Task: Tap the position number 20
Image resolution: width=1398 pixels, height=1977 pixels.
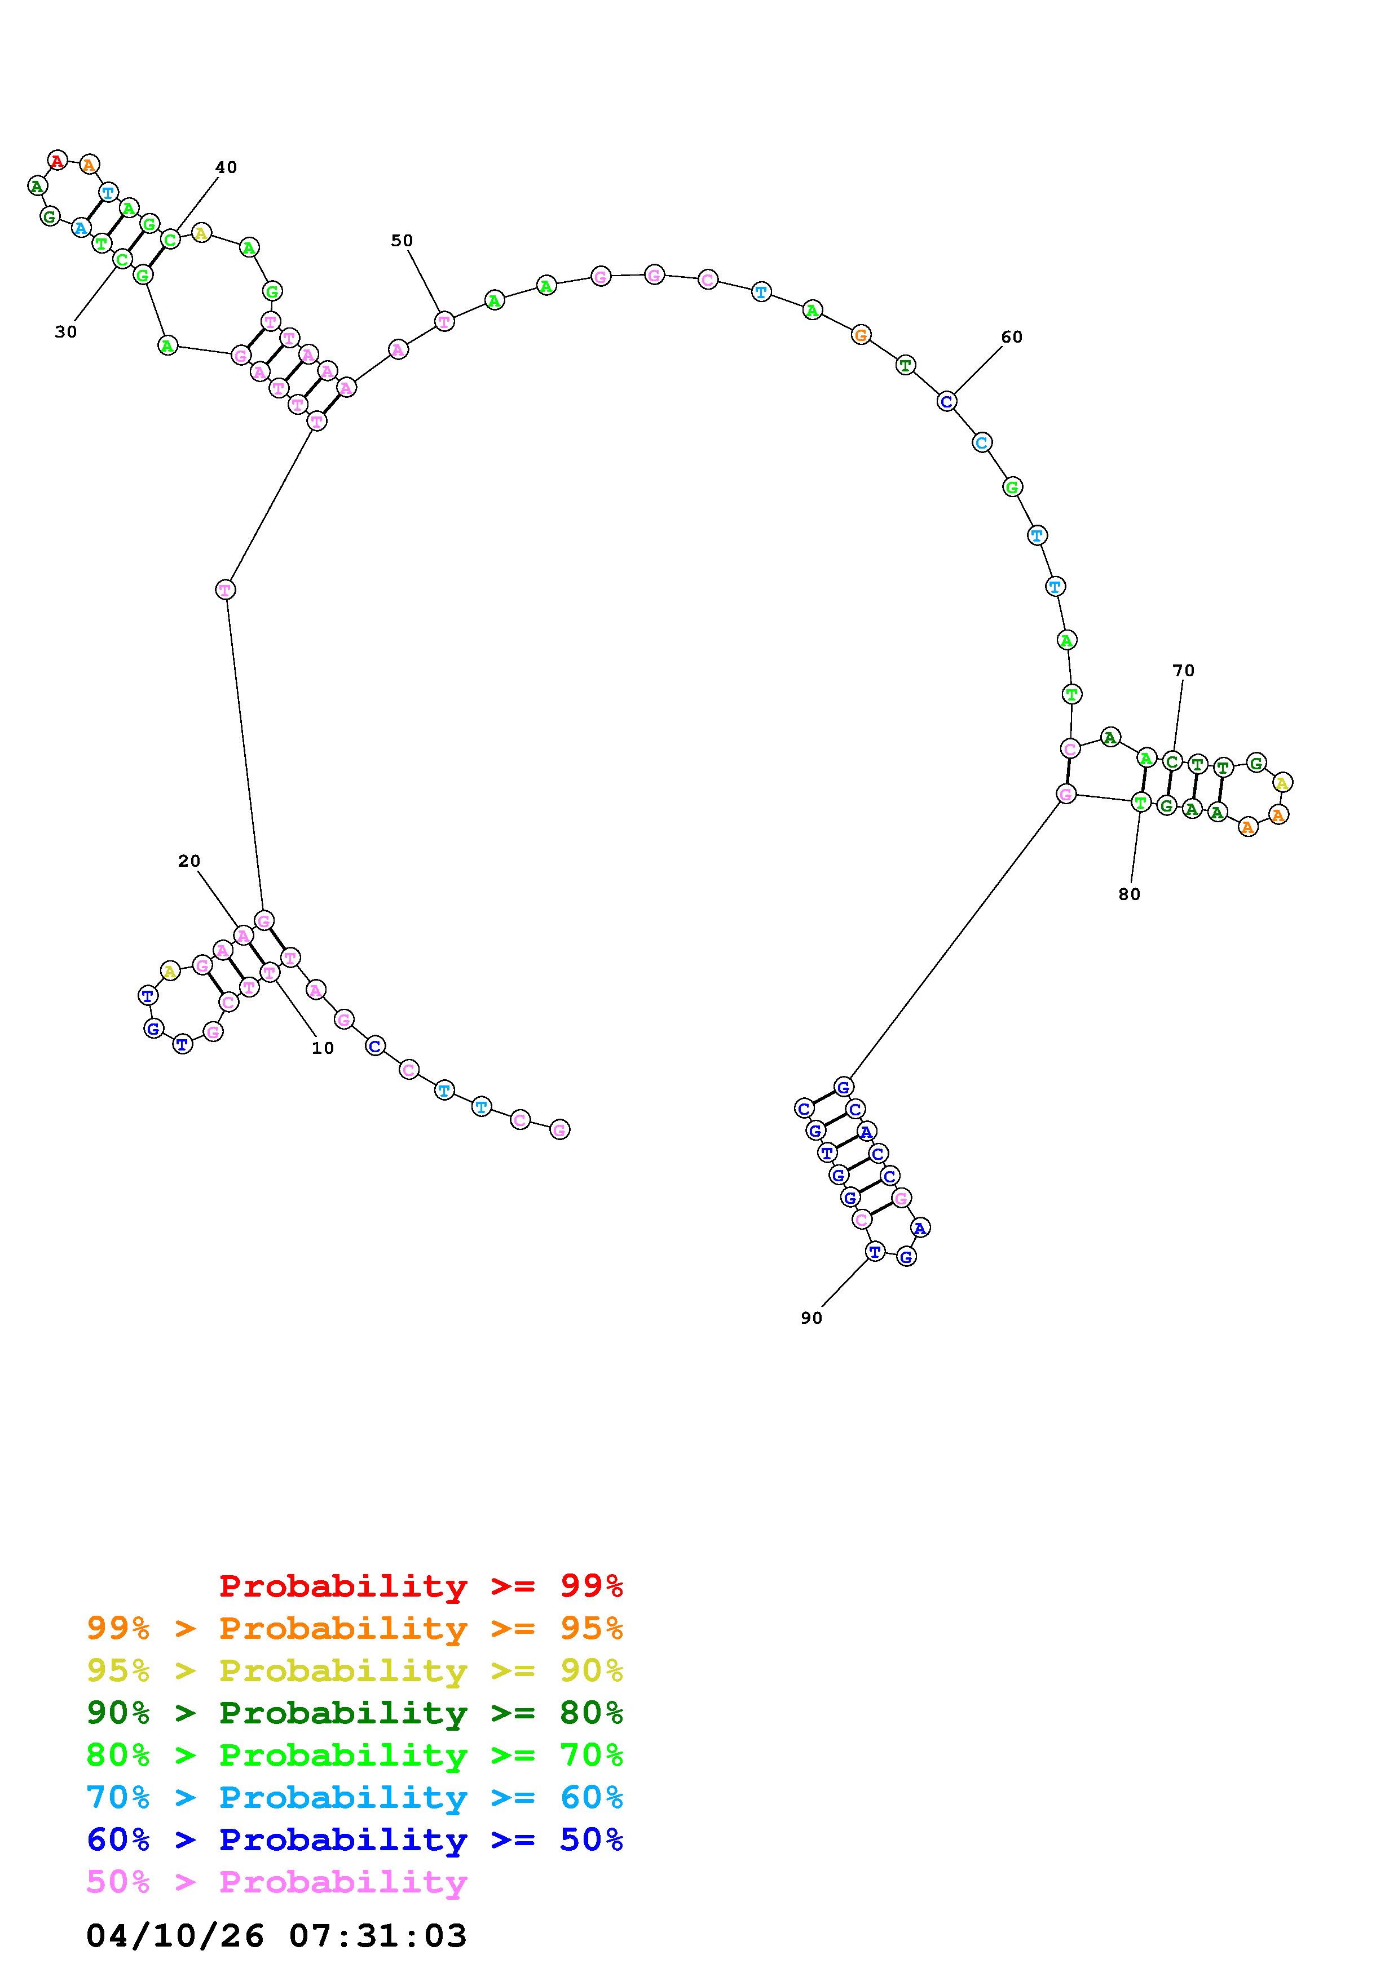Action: click(189, 861)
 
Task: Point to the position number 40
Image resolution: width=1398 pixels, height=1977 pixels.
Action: click(226, 167)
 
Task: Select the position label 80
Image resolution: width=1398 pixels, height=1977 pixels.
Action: click(1128, 894)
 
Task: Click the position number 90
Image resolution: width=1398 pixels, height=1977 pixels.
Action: click(812, 1318)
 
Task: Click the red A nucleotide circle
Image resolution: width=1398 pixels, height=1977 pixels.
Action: click(57, 159)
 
